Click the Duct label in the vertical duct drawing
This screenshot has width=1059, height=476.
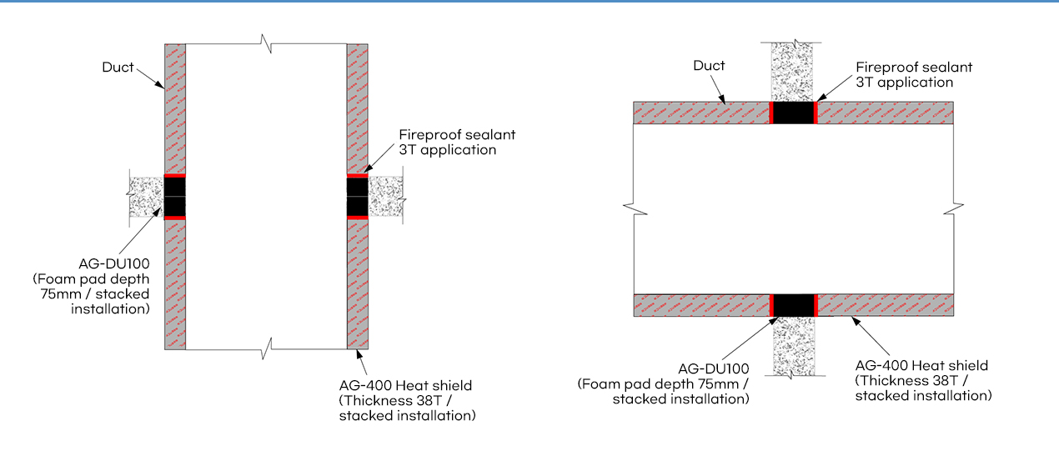click(x=118, y=68)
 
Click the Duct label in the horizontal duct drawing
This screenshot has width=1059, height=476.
click(x=709, y=66)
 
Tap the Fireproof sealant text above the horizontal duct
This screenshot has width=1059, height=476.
click(x=915, y=68)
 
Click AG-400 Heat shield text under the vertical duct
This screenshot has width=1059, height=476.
click(x=406, y=385)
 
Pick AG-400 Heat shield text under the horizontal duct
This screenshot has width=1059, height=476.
click(x=922, y=365)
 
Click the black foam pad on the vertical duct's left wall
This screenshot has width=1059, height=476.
click(x=174, y=197)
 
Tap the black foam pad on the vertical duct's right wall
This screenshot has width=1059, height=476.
click(x=357, y=197)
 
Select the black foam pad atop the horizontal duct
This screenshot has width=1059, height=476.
click(x=792, y=113)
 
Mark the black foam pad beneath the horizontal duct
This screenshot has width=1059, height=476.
click(x=792, y=305)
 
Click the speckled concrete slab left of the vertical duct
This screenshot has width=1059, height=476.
click(x=146, y=197)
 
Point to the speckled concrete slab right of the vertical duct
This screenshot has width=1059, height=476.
click(x=385, y=197)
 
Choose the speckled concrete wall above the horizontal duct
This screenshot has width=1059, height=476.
click(x=792, y=72)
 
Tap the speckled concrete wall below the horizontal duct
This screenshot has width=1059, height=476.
click(x=792, y=346)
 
